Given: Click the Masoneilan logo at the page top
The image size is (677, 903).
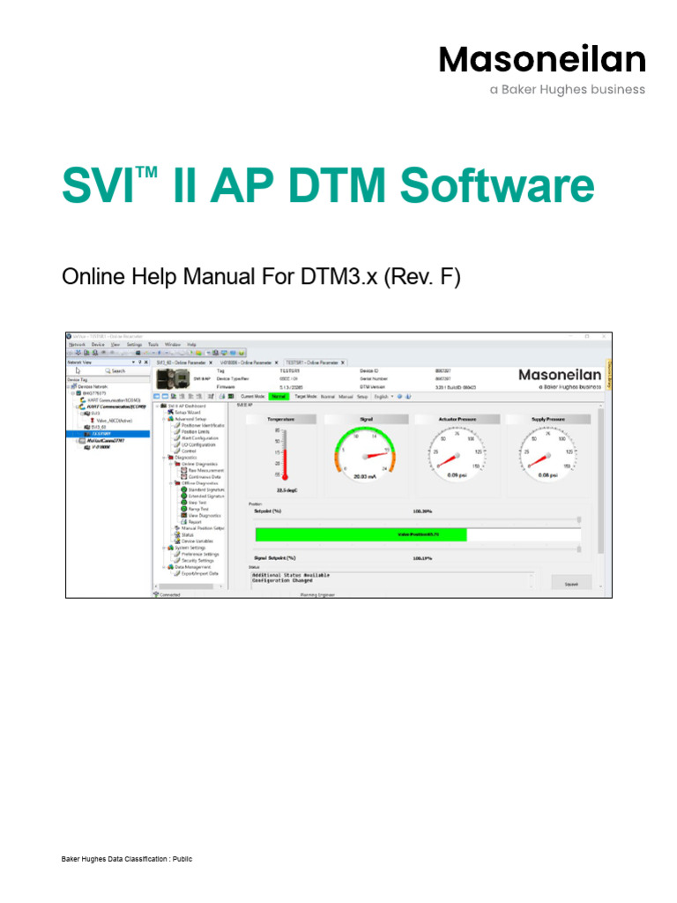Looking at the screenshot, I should [542, 60].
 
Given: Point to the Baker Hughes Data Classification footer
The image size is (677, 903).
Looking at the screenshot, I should [126, 859].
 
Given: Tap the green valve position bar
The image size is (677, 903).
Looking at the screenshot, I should [361, 534].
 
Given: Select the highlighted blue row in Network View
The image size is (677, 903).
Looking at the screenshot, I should [109, 434].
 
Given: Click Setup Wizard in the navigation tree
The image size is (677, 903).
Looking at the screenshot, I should [189, 413].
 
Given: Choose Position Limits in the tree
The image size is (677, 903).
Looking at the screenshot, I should [199, 432].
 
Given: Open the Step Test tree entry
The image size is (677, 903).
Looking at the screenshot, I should [198, 502].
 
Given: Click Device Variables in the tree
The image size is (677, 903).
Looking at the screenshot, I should [197, 541].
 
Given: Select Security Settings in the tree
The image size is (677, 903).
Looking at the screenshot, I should [197, 560].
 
